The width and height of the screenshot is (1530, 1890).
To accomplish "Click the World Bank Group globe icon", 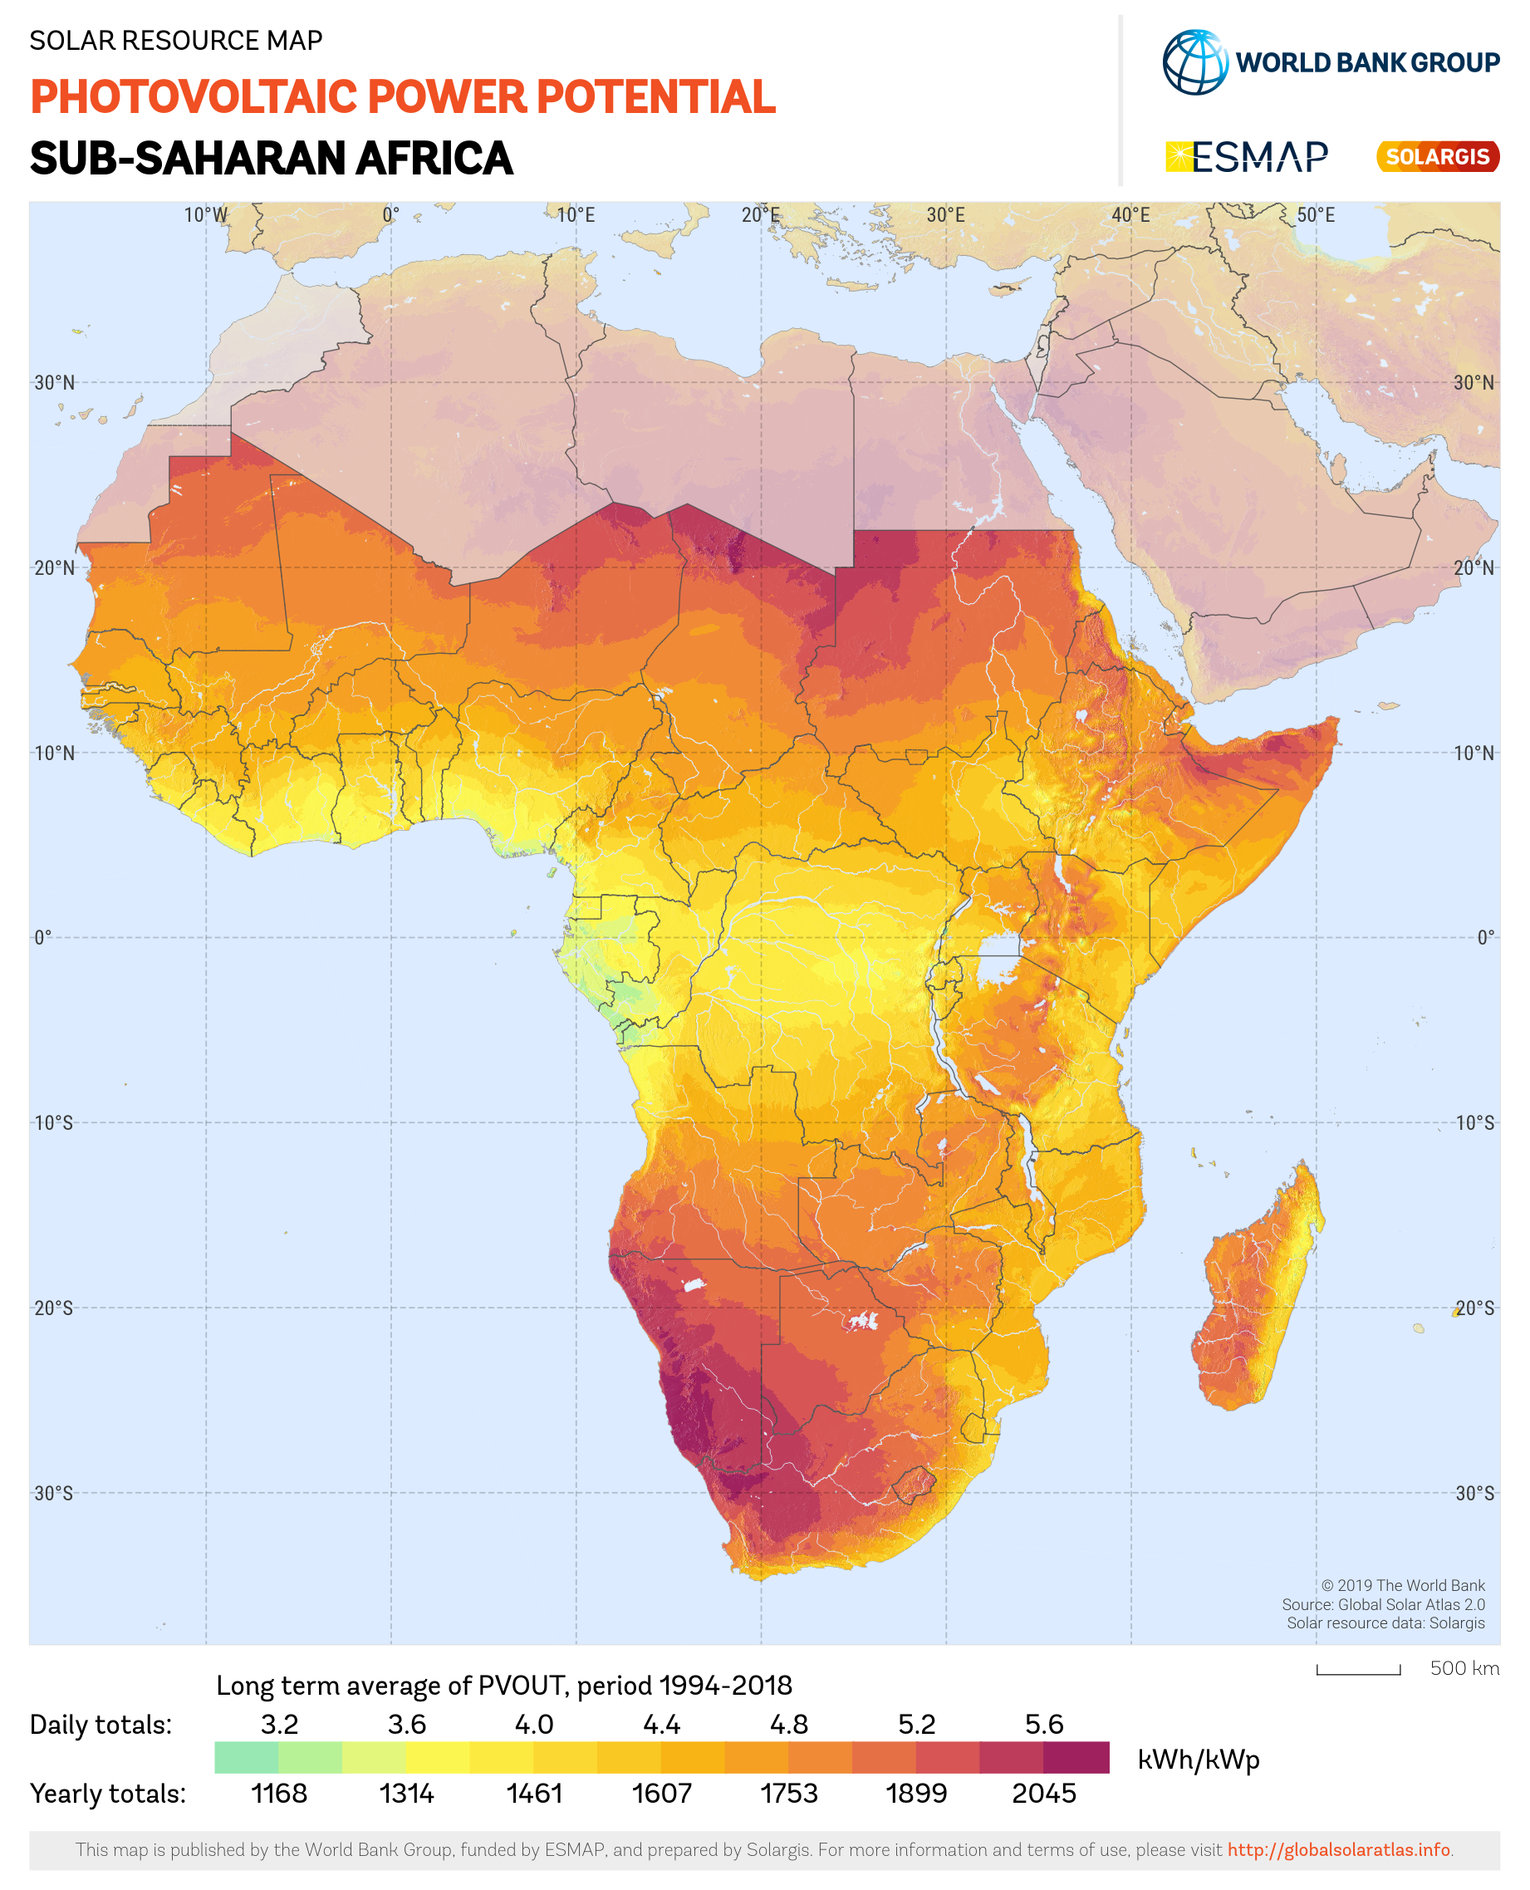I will pos(1194,62).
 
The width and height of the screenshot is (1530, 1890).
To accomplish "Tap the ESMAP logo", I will pos(1246,157).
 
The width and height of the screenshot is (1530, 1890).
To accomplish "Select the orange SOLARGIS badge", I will pos(1437,157).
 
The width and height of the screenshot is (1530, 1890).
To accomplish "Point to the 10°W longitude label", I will pos(205,216).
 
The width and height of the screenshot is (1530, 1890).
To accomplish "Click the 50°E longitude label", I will pos(1315,216).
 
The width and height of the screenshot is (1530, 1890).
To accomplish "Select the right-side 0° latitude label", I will pos(1485,938).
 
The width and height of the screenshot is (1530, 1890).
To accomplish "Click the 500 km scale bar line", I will pos(1358,1672).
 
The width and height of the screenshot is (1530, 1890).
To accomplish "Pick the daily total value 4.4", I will pos(661,1725).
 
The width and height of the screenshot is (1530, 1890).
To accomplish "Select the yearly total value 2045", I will pos(1043,1793).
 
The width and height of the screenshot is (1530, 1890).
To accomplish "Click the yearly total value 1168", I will pos(278,1793).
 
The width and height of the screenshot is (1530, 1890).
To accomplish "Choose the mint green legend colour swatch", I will pos(246,1758).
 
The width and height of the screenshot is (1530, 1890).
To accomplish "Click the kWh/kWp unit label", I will pos(1199,1760).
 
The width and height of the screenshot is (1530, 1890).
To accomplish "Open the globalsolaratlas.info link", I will pos(1338,1849).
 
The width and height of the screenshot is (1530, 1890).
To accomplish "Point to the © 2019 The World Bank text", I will pos(1402,1586).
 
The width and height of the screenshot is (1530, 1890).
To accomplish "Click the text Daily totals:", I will pos(101,1725).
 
